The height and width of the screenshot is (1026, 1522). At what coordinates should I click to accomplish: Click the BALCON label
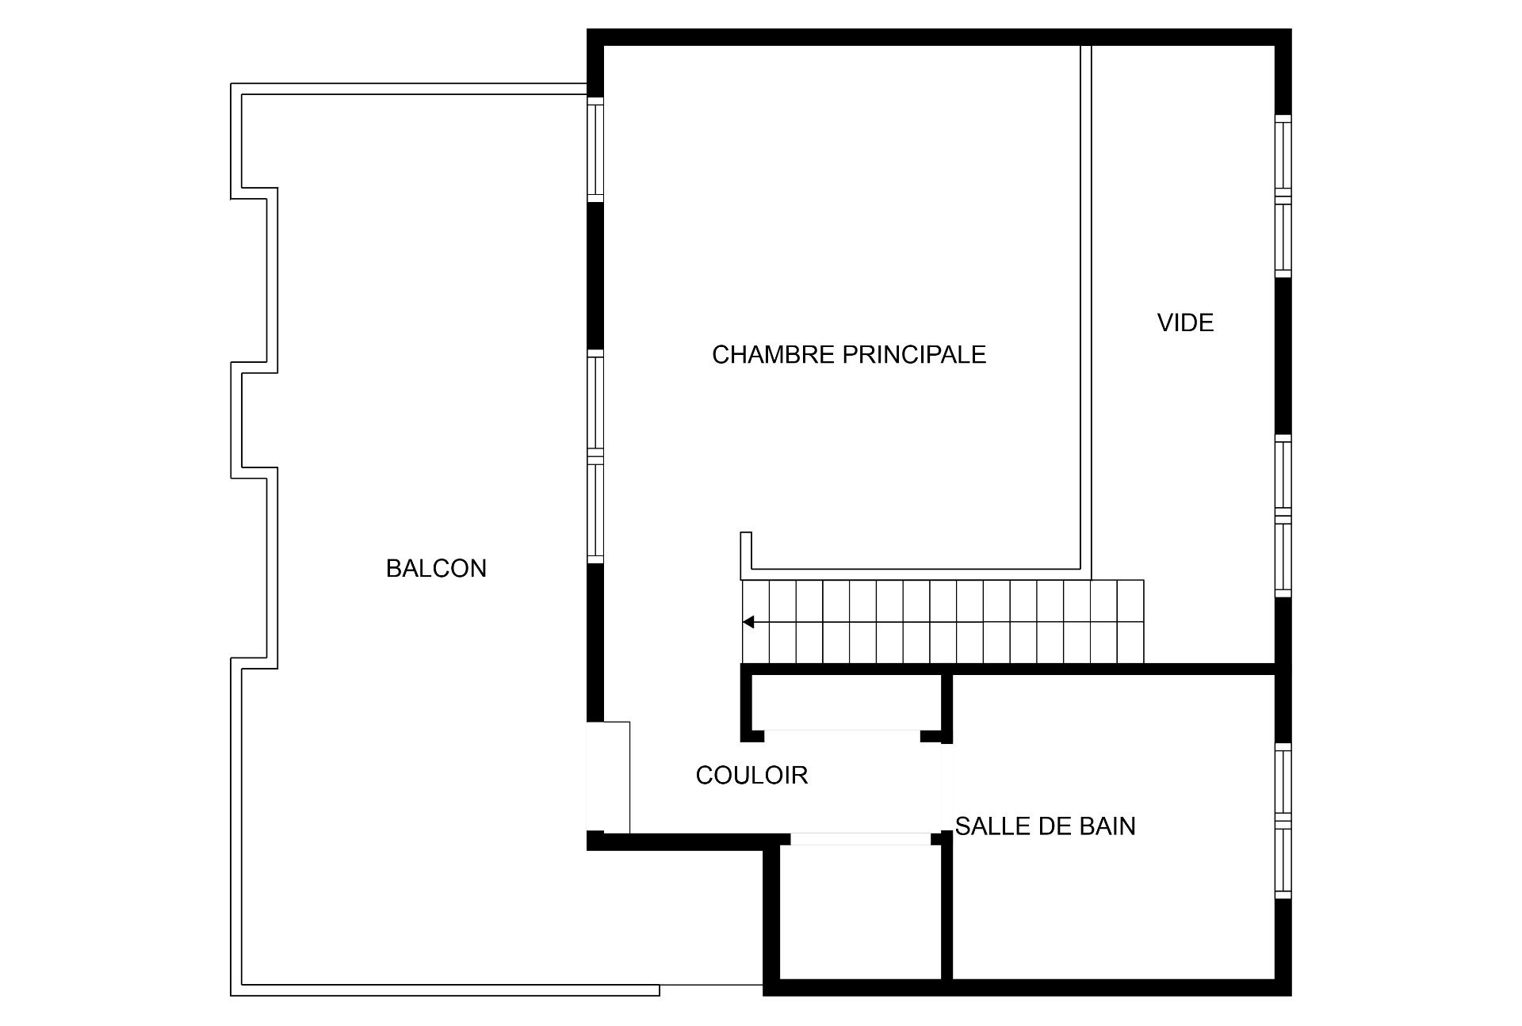436,568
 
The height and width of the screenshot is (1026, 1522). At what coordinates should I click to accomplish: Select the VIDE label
1185,322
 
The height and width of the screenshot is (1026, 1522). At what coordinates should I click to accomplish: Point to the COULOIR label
751,775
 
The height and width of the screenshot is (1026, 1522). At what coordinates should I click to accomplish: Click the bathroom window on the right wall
1283,821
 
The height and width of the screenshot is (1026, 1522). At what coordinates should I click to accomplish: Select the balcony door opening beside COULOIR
608,776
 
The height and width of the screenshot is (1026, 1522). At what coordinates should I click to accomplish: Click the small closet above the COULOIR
845,702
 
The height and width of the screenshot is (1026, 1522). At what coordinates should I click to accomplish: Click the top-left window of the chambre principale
595,150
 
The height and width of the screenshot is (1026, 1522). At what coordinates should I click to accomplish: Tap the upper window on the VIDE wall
1283,196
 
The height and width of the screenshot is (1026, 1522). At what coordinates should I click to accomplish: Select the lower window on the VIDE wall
1283,515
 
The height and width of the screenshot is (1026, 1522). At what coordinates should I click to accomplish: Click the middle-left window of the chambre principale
595,456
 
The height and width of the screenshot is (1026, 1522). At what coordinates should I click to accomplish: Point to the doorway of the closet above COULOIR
842,736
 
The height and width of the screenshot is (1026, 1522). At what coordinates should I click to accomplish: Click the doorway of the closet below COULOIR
860,839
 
